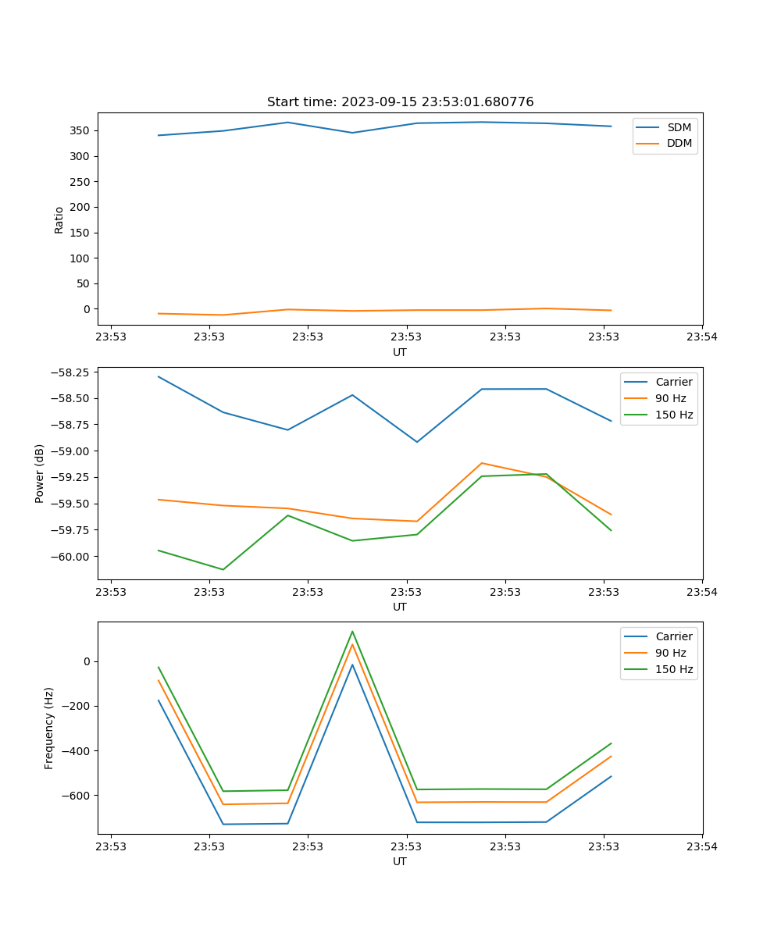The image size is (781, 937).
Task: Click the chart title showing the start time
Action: pyautogui.click(x=400, y=102)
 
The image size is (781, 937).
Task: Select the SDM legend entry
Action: pyautogui.click(x=679, y=127)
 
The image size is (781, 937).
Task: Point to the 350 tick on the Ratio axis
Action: pyautogui.click(x=81, y=130)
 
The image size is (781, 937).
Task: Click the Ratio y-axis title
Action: pyautogui.click(x=59, y=219)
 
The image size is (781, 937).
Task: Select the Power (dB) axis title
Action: pyautogui.click(x=40, y=473)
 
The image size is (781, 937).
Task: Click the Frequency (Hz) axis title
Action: pyautogui.click(x=49, y=728)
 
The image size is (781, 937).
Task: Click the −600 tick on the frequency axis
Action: pyautogui.click(x=77, y=796)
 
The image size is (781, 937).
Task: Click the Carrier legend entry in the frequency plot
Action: pyautogui.click(x=673, y=636)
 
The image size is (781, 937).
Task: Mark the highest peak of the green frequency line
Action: pyautogui.click(x=352, y=631)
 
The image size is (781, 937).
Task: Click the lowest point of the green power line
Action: pyautogui.click(x=223, y=569)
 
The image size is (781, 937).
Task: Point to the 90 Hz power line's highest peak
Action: pyautogui.click(x=482, y=463)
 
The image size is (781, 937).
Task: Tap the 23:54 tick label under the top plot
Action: pyautogui.click(x=702, y=337)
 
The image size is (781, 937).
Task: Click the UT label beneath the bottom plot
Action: pyautogui.click(x=400, y=861)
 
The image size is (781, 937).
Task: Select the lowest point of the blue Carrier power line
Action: pyautogui.click(x=417, y=442)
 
